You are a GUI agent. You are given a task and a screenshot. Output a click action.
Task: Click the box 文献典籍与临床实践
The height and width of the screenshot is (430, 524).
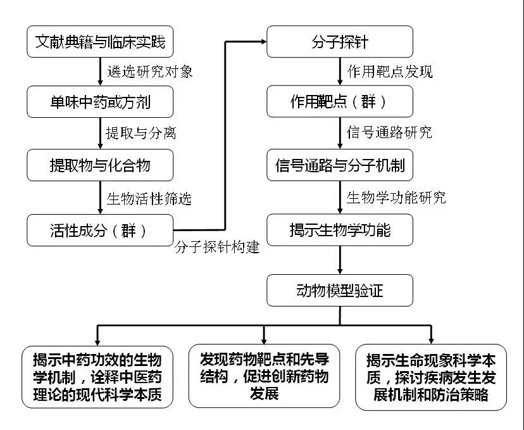pyautogui.click(x=100, y=42)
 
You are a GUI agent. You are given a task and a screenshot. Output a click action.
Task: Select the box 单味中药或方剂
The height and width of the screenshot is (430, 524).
pyautogui.click(x=100, y=101)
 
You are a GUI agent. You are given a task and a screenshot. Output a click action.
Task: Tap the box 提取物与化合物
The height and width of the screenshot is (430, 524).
pyautogui.click(x=100, y=165)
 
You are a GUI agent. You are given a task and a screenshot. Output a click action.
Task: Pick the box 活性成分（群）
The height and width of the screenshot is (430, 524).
pyautogui.click(x=100, y=230)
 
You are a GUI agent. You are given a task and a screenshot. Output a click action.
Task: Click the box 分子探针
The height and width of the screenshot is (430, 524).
pyautogui.click(x=340, y=42)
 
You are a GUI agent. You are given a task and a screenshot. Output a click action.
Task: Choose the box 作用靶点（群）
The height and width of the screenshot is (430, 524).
pyautogui.click(x=340, y=101)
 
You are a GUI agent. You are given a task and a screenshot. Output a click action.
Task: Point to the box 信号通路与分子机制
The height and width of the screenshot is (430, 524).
pyautogui.click(x=340, y=165)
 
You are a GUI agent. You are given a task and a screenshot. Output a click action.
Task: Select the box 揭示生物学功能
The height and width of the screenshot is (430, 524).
pyautogui.click(x=340, y=230)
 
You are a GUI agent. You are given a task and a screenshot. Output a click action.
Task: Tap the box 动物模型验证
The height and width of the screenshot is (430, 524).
pyautogui.click(x=340, y=291)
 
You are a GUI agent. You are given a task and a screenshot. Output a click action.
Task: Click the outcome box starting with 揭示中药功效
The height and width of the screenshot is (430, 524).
pyautogui.click(x=97, y=377)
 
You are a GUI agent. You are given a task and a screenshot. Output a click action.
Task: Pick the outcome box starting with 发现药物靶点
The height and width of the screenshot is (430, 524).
pyautogui.click(x=264, y=377)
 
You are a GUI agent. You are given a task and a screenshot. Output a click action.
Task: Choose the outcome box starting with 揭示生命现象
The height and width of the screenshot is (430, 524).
pyautogui.click(x=432, y=377)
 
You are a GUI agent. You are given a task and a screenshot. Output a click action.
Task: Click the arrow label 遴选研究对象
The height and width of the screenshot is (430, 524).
pyautogui.click(x=150, y=72)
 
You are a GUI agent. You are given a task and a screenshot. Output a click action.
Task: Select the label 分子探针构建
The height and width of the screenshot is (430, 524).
pyautogui.click(x=217, y=247)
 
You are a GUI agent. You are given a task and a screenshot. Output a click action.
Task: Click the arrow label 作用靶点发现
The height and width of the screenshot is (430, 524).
pyautogui.click(x=390, y=72)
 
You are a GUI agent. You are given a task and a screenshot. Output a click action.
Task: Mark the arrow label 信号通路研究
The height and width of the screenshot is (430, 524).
pyautogui.click(x=390, y=133)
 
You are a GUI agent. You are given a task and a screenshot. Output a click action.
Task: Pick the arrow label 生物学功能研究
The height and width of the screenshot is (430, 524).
pyautogui.click(x=396, y=198)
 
